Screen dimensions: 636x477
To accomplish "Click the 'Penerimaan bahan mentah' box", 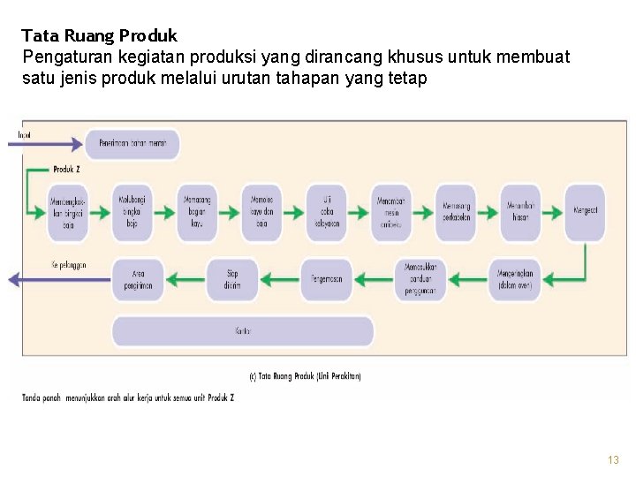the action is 132,143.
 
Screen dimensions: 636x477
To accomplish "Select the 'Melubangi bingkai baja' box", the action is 132,212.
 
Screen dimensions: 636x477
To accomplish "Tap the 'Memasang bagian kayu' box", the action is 197,212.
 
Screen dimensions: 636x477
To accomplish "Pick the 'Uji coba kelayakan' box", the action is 327,212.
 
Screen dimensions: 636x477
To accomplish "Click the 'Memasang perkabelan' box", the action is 455,212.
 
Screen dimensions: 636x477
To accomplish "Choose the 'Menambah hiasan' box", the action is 519,212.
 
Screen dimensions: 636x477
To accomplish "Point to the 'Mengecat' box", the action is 585,212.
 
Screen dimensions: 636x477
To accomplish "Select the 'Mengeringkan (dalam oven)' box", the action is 519,279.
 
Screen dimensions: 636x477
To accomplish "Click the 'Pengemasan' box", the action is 326,279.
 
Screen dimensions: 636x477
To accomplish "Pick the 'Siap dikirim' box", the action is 231,279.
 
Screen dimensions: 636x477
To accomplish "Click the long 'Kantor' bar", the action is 243,331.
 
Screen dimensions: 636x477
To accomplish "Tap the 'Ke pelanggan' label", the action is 68,265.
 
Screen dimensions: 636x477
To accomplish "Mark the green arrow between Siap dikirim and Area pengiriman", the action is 184,279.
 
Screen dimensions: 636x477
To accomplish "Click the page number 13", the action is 613,460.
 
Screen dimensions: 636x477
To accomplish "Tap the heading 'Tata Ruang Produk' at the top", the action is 99,36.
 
